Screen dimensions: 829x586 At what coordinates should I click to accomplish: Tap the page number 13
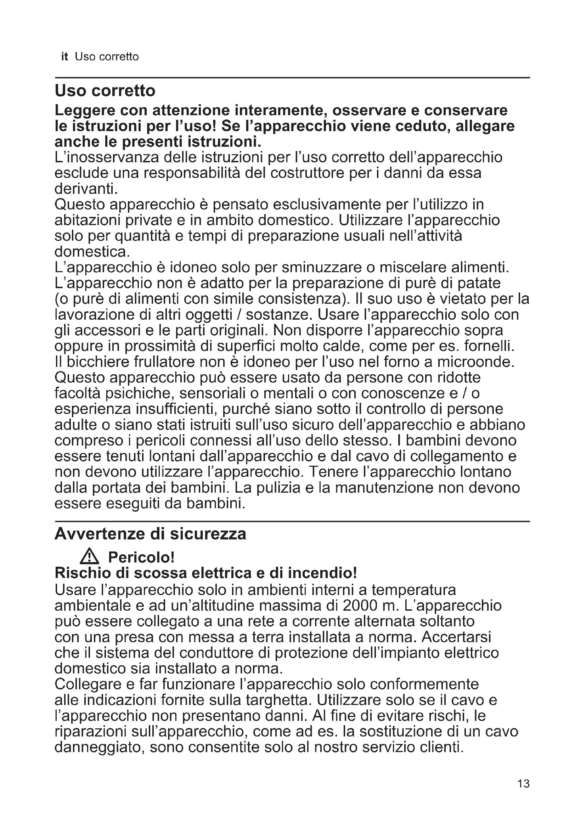tap(523, 794)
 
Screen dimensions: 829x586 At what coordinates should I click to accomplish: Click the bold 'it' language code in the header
tap(64, 57)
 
